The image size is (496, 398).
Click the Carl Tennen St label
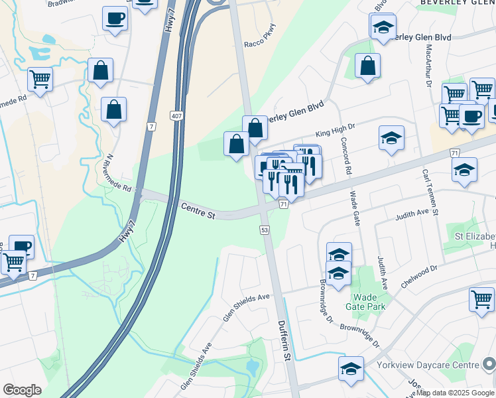(432, 192)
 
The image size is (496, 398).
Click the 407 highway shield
(176, 116)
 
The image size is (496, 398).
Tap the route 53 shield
(264, 230)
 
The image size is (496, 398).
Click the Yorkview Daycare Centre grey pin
(488, 364)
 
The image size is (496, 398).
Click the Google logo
(22, 390)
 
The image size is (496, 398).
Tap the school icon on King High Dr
(392, 138)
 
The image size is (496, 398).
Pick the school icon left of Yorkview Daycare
(351, 369)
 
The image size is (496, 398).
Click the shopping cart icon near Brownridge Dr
(481, 298)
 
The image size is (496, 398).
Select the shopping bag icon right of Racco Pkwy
(367, 66)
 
